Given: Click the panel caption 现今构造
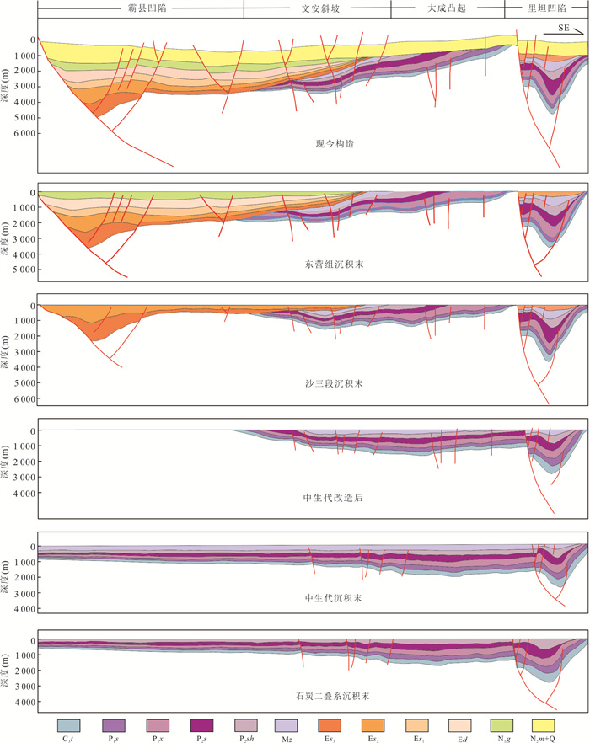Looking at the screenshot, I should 330,144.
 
